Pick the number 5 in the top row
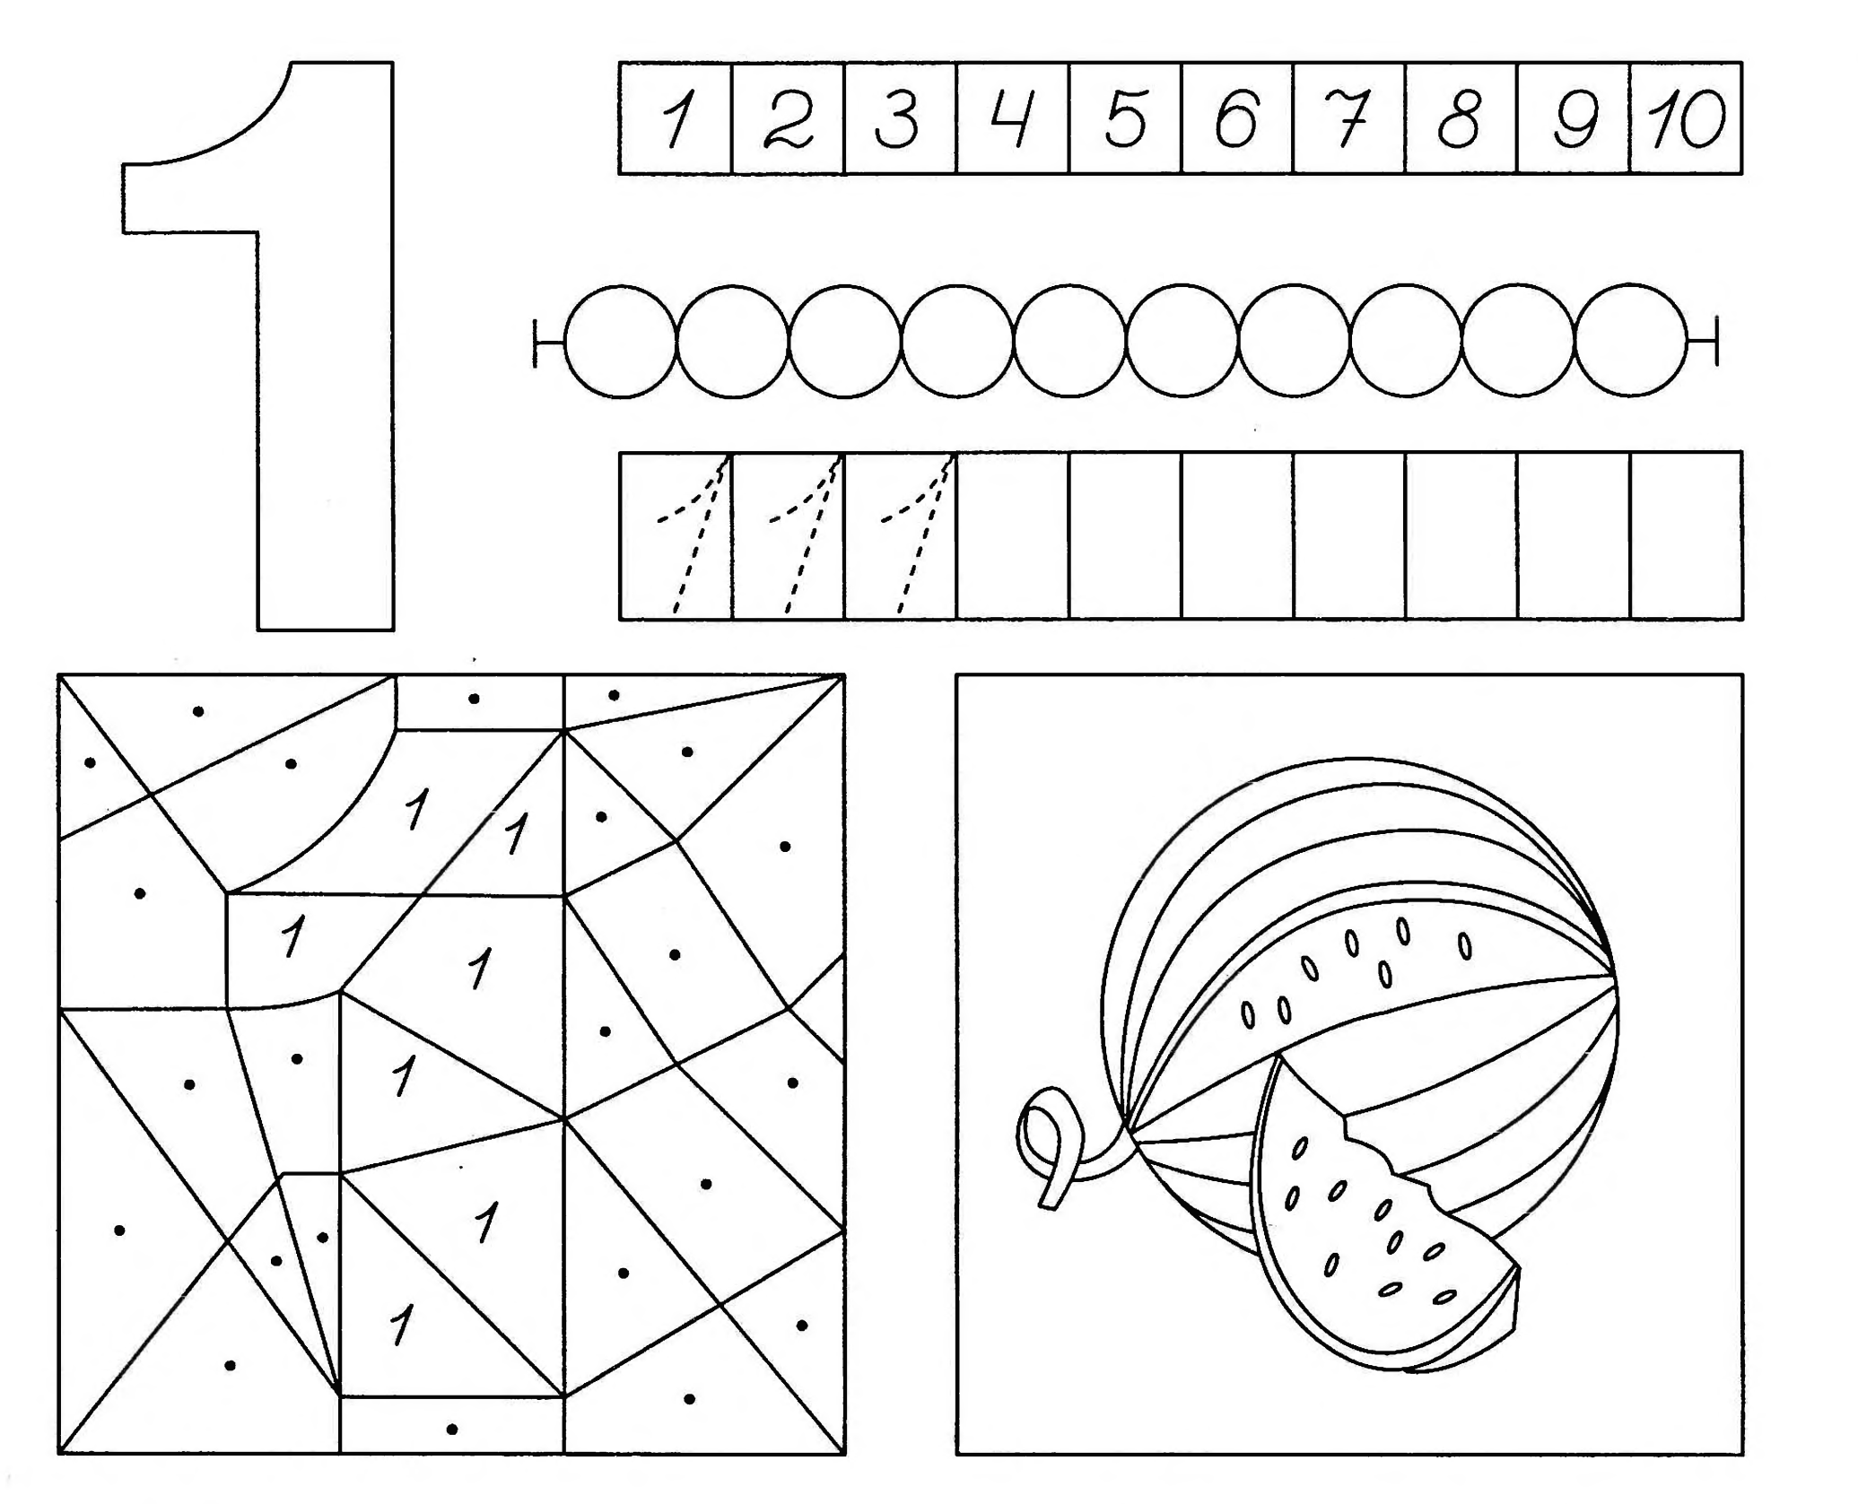pos(1126,120)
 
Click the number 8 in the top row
pos(1461,120)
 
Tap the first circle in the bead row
pos(621,341)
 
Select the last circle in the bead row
pos(1631,341)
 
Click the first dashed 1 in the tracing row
pos(691,536)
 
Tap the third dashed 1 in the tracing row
pos(915,536)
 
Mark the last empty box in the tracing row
pos(1687,536)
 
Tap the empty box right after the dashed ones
pos(1013,536)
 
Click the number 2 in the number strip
pos(789,120)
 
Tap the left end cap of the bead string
pos(536,342)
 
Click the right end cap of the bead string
pos(1715,341)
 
